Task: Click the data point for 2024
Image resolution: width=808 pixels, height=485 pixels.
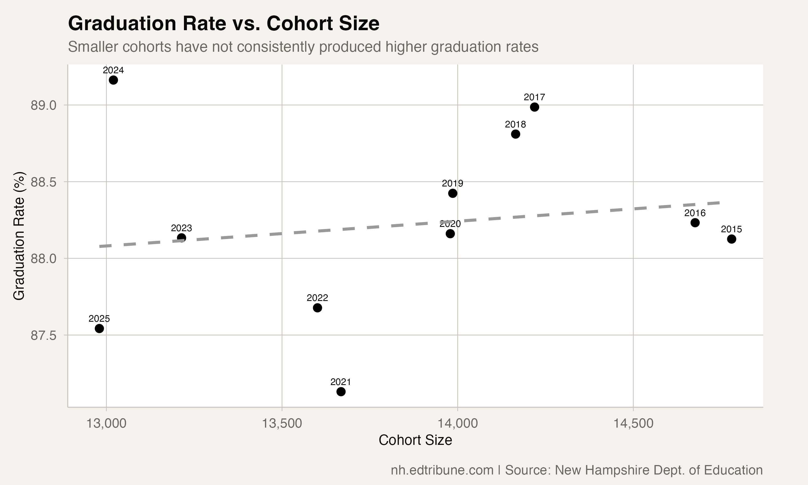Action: click(x=113, y=80)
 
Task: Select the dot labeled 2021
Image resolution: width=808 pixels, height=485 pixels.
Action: click(x=341, y=392)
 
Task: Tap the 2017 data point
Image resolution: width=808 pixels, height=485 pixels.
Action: click(x=534, y=107)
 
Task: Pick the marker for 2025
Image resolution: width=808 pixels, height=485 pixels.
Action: click(x=99, y=328)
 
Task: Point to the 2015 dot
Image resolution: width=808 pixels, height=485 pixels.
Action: click(x=732, y=239)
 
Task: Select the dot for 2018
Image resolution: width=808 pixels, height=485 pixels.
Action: click(x=516, y=134)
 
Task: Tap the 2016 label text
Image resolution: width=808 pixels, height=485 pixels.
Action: click(x=695, y=213)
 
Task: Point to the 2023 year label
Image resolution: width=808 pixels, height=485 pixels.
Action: click(x=181, y=228)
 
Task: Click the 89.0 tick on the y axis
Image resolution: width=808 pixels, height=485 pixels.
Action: click(x=43, y=105)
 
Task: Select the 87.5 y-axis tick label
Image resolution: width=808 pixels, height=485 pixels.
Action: click(x=43, y=336)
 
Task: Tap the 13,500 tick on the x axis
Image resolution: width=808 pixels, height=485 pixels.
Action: click(x=282, y=424)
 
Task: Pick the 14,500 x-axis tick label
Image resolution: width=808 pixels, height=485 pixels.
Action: click(x=633, y=424)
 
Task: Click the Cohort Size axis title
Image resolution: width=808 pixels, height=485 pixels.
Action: click(x=415, y=440)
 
